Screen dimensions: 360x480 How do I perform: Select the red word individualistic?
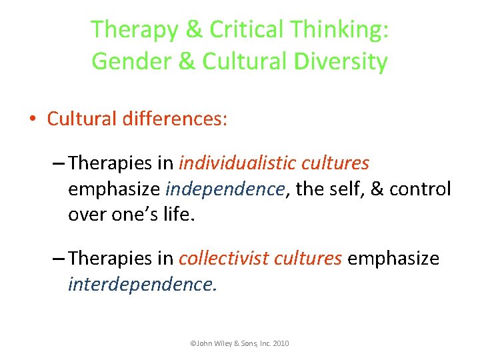click(x=237, y=163)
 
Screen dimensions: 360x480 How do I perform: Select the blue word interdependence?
click(x=141, y=285)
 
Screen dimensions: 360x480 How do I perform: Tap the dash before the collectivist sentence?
click(x=59, y=259)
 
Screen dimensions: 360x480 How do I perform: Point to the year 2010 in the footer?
click(x=280, y=343)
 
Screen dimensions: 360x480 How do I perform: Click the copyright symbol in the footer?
click(x=193, y=343)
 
